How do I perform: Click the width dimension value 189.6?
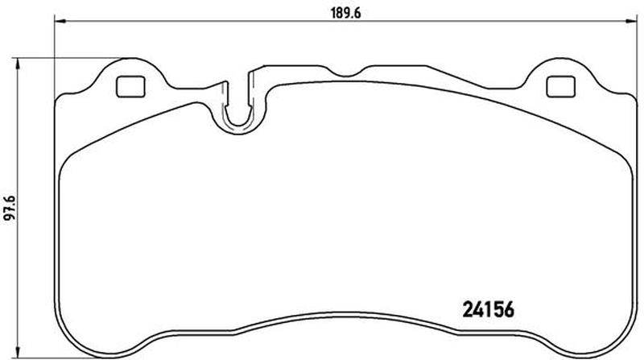point(346,13)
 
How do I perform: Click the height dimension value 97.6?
point(10,209)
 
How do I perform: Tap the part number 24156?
point(489,310)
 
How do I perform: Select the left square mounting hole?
point(130,87)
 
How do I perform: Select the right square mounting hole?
point(560,87)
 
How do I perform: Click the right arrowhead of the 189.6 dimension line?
point(631,21)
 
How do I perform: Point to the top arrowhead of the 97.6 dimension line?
point(17,64)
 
